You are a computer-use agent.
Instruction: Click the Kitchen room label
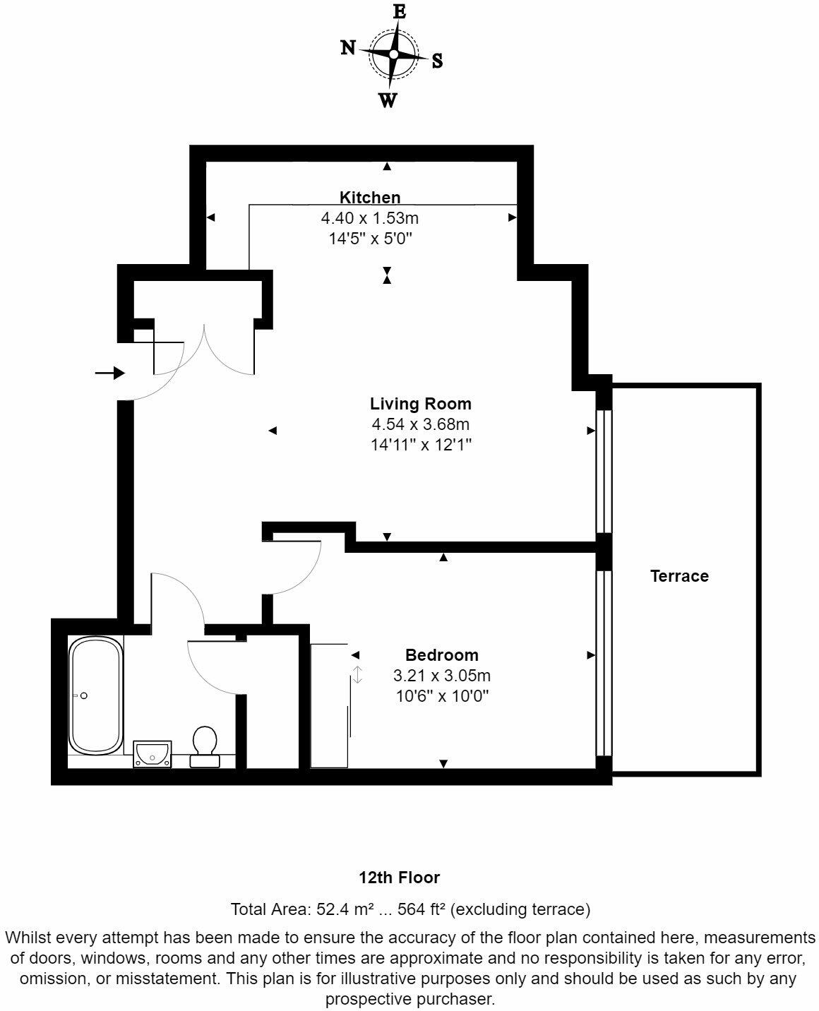[370, 198]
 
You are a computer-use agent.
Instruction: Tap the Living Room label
[420, 405]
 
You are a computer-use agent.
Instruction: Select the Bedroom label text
[441, 655]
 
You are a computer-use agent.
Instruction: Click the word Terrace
[679, 576]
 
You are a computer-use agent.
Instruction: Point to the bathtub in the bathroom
[95, 695]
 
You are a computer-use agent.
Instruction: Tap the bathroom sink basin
[153, 753]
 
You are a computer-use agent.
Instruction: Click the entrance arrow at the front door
[110, 373]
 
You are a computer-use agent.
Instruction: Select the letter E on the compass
[400, 12]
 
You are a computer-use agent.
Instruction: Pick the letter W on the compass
[388, 101]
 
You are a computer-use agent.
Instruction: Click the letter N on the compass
[348, 47]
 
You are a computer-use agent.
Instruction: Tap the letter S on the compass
[438, 61]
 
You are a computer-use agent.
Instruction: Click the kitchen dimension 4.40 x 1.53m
[369, 218]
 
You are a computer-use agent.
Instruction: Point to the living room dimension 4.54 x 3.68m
[420, 425]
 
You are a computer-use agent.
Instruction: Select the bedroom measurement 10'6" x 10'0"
[441, 696]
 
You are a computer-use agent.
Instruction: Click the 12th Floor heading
[399, 878]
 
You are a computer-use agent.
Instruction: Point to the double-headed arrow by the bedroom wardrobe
[358, 674]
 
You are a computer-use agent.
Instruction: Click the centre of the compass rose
[393, 54]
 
